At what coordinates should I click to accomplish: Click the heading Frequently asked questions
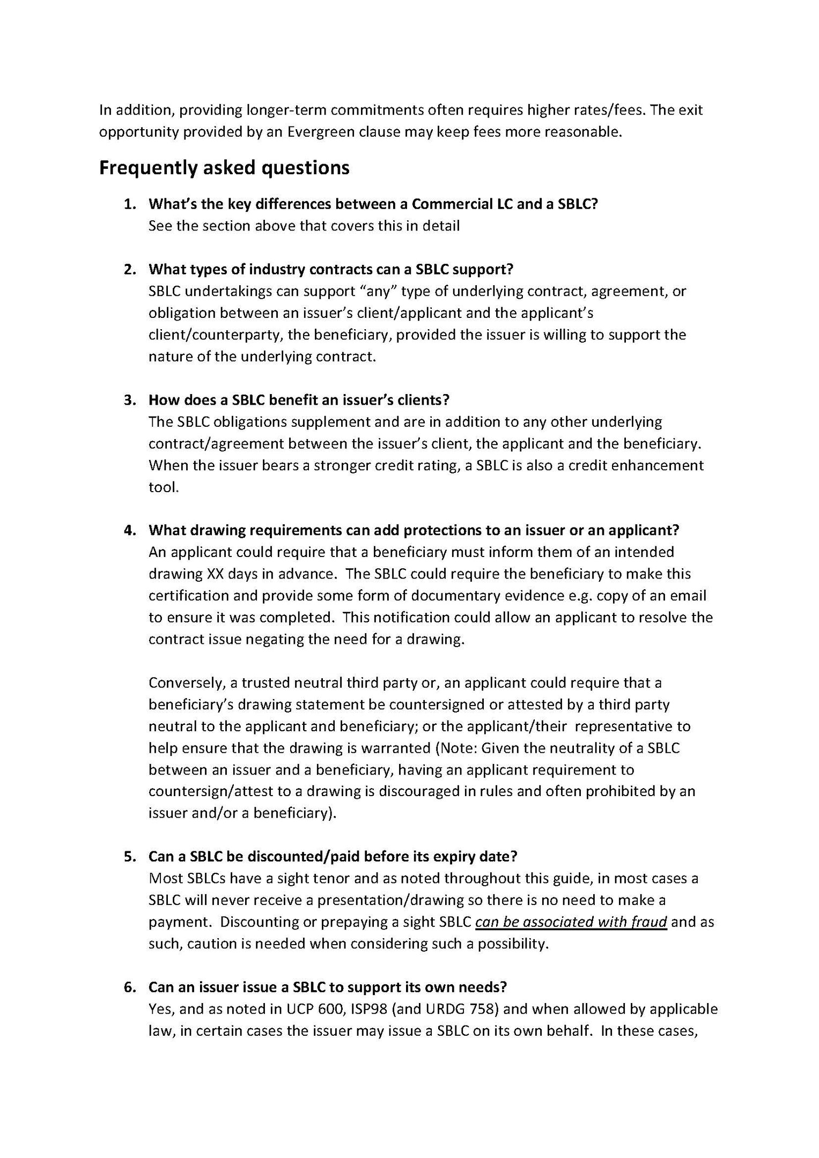(x=224, y=168)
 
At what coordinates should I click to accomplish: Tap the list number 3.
(x=129, y=400)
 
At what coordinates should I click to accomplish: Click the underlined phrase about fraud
(x=571, y=922)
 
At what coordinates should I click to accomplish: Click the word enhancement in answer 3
(x=659, y=465)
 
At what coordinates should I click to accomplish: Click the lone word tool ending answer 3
(x=163, y=487)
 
